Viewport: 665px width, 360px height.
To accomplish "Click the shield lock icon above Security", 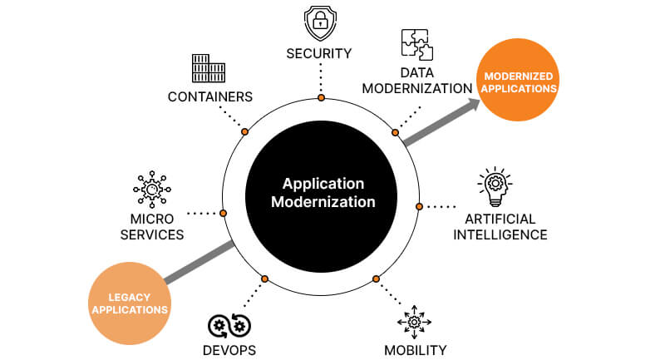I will (321, 23).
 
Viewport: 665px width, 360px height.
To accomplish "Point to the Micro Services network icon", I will (152, 190).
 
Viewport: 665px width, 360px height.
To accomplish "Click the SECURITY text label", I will (321, 54).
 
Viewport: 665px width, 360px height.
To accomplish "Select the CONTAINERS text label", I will (210, 96).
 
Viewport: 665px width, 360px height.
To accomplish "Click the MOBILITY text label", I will (415, 349).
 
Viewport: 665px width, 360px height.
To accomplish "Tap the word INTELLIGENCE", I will (500, 235).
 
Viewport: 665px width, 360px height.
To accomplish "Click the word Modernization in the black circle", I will (328, 201).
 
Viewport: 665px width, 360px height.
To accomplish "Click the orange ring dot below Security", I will (321, 98).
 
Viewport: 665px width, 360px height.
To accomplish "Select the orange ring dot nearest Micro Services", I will (223, 214).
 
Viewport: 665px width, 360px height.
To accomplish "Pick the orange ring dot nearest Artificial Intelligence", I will (421, 206).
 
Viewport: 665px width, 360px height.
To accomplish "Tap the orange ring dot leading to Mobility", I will (376, 279).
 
